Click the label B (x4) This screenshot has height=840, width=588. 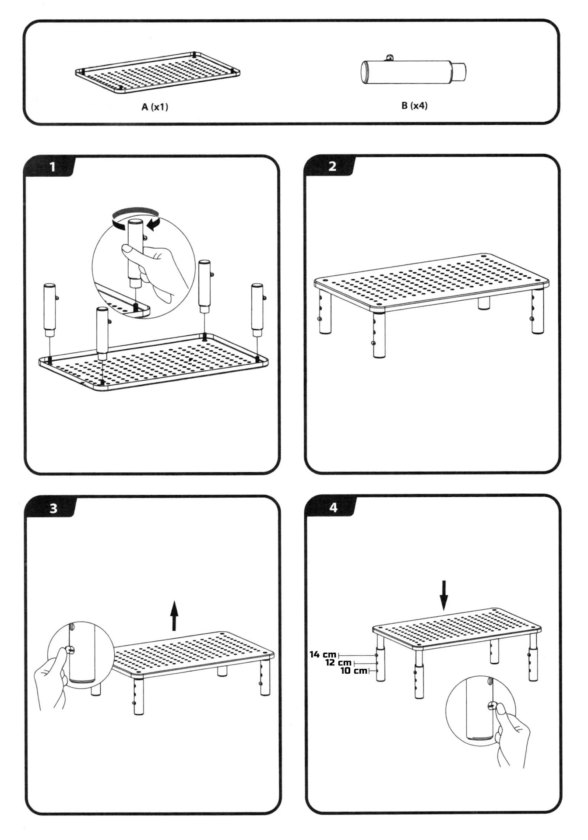tap(414, 105)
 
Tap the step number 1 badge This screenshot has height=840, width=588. tap(53, 167)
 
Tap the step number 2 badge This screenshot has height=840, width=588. tap(332, 166)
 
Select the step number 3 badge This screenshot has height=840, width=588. tap(53, 508)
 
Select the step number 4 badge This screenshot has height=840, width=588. tap(334, 507)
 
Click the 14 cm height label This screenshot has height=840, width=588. tap(323, 654)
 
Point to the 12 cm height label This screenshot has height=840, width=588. tap(338, 663)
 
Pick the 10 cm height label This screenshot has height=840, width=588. tap(354, 671)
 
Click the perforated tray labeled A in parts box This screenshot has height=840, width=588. tap(158, 72)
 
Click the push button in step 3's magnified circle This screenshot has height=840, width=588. tap(70, 650)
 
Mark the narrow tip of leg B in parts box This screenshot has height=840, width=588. tap(459, 71)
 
